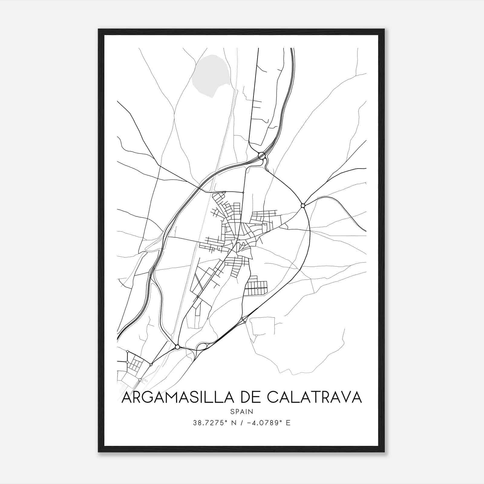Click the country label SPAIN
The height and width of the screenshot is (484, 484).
tap(242, 411)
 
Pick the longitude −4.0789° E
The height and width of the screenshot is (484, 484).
tap(269, 423)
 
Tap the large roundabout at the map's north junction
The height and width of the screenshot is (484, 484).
tap(262, 156)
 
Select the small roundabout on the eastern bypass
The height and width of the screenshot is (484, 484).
tap(303, 206)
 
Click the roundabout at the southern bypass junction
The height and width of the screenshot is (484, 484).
tap(178, 347)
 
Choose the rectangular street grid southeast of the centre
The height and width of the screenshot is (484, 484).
tap(256, 288)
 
